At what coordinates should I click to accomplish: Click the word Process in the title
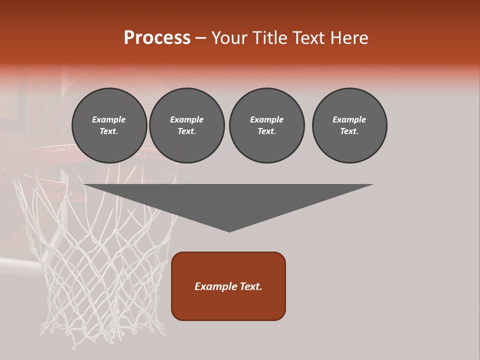point(157,38)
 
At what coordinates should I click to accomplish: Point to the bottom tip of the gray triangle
point(229,231)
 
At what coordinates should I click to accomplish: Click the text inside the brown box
point(228,286)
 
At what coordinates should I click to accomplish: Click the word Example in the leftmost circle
point(109,119)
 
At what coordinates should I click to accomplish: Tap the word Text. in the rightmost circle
point(349,131)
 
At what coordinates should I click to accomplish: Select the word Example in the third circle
point(266,119)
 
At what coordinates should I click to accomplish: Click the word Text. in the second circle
point(187,131)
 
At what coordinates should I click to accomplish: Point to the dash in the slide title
point(200,38)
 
